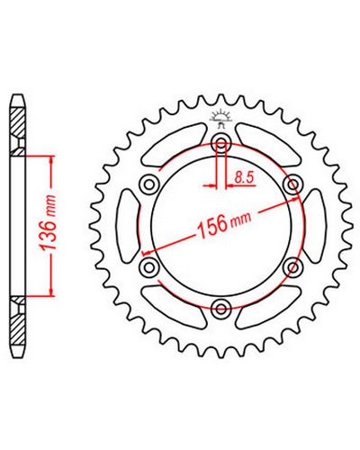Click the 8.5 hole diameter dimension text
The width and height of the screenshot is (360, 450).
[245, 177]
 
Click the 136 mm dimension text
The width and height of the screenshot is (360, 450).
[49, 222]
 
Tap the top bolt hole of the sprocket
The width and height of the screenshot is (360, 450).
[221, 144]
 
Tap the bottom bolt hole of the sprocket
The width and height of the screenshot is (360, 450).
[221, 309]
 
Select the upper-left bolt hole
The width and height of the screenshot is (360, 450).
[149, 184]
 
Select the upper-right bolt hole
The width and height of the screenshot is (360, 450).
[292, 184]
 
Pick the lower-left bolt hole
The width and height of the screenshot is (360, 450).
[149, 267]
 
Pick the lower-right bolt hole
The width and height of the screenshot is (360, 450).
[292, 267]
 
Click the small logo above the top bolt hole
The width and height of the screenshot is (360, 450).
[221, 118]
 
